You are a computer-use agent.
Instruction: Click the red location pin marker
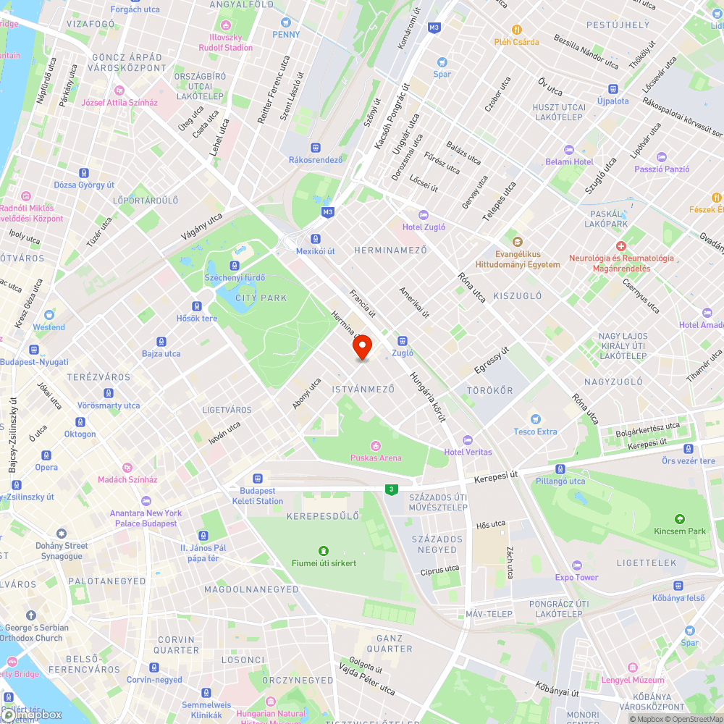pyautogui.click(x=362, y=347)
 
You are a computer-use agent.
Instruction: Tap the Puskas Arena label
pyautogui.click(x=375, y=458)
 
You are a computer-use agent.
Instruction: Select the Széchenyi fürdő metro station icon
pyautogui.click(x=235, y=266)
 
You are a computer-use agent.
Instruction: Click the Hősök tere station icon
pyautogui.click(x=197, y=306)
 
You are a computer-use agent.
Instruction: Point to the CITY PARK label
pyautogui.click(x=261, y=298)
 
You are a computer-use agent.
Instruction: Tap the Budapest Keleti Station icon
pyautogui.click(x=257, y=479)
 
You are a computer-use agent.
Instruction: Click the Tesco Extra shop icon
pyautogui.click(x=535, y=419)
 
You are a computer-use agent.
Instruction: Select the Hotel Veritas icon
pyautogui.click(x=467, y=439)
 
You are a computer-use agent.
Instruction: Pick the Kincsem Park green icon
pyautogui.click(x=679, y=518)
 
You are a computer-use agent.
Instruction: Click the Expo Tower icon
pyautogui.click(x=576, y=565)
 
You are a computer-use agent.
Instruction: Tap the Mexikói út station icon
pyautogui.click(x=316, y=239)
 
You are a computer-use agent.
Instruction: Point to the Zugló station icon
pyautogui.click(x=403, y=341)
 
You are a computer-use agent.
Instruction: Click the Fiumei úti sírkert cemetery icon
pyautogui.click(x=323, y=550)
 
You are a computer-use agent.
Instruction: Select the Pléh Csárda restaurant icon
pyautogui.click(x=517, y=30)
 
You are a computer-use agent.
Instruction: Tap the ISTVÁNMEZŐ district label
pyautogui.click(x=363, y=390)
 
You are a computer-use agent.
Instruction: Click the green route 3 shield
pyautogui.click(x=392, y=489)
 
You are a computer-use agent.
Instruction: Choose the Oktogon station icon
pyautogui.click(x=80, y=422)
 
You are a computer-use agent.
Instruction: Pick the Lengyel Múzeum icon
pyautogui.click(x=632, y=668)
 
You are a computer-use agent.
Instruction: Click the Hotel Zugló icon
pyautogui.click(x=424, y=215)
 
